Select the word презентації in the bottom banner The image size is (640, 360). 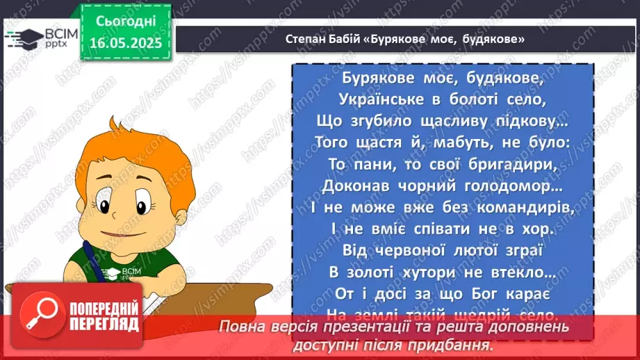point(389,327)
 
